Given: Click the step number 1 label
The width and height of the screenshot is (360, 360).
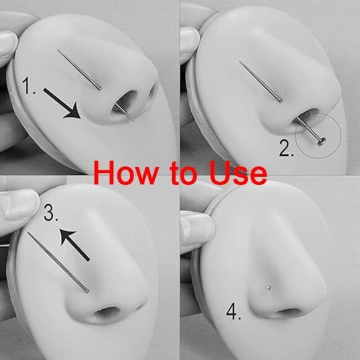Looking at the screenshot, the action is point(29,86).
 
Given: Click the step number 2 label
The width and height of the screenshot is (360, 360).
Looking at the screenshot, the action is point(286,148).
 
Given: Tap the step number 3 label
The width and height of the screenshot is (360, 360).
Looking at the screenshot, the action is point(51,213).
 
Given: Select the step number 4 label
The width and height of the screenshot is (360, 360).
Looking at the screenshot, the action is point(233,312).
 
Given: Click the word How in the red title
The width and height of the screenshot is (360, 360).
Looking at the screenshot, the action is point(126,173).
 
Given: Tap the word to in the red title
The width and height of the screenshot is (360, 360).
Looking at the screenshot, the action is point(184,173).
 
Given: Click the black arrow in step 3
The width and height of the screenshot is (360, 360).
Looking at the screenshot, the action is point(74,245).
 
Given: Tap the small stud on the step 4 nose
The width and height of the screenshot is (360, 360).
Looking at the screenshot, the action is point(268,287).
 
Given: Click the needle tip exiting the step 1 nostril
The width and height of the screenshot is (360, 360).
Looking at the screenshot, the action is point(134,120).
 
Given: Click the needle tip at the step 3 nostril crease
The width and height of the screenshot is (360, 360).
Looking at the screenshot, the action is point(87,292).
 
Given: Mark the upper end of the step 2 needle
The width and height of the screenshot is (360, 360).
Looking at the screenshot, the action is point(239,61).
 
